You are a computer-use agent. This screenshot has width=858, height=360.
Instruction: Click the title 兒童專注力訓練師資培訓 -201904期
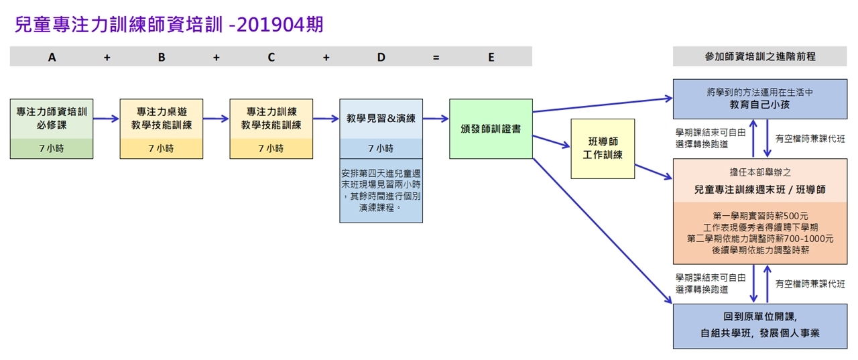pyautogui.click(x=169, y=25)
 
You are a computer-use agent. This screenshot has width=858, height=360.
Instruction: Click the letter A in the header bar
pyautogui.click(x=52, y=57)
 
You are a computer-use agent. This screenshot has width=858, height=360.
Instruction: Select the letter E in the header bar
pyautogui.click(x=491, y=57)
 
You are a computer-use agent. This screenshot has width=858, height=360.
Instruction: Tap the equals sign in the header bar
pyautogui.click(x=436, y=57)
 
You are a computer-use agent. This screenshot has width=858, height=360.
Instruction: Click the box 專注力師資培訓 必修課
pyautogui.click(x=52, y=119)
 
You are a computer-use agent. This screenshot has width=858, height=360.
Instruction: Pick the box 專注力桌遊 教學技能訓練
pyautogui.click(x=161, y=119)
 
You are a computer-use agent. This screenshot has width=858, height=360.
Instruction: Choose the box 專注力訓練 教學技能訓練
pyautogui.click(x=271, y=119)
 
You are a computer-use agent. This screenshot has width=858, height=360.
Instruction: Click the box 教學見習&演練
pyautogui.click(x=381, y=119)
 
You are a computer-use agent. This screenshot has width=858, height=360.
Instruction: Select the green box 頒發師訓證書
pyautogui.click(x=491, y=129)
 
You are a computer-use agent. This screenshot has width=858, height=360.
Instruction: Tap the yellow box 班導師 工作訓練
pyautogui.click(x=603, y=149)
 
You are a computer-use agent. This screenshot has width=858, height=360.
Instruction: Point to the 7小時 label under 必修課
pyautogui.click(x=52, y=148)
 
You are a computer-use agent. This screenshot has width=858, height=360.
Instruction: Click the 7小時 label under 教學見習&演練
pyautogui.click(x=381, y=148)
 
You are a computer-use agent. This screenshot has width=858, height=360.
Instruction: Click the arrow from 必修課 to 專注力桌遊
pyautogui.click(x=107, y=119)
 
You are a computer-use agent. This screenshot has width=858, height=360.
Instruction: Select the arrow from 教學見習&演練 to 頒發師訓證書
pyautogui.click(x=436, y=119)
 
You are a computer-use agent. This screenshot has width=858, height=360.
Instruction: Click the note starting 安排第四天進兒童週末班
pyautogui.click(x=381, y=190)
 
